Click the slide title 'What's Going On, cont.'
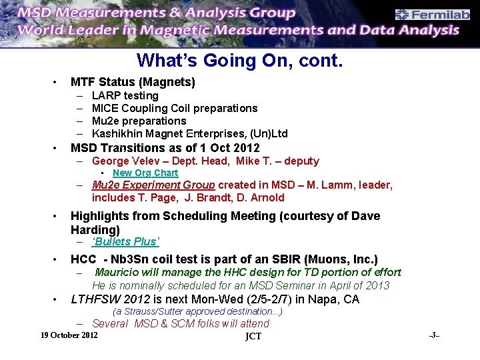pyautogui.click(x=240, y=61)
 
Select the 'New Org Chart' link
pyautogui.click(x=145, y=173)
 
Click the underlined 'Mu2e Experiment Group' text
pyautogui.click(x=153, y=185)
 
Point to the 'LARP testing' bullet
pyautogui.click(x=125, y=95)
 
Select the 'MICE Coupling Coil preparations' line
pyautogui.click(x=174, y=108)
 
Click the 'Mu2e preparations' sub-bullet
pyautogui.click(x=139, y=121)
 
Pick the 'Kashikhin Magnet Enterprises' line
pyautogui.click(x=189, y=134)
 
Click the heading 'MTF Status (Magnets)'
pyautogui.click(x=133, y=82)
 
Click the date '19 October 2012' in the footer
pyautogui.click(x=69, y=334)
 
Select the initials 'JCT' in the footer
pyautogui.click(x=253, y=336)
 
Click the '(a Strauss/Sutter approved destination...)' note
pyautogui.click(x=197, y=311)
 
